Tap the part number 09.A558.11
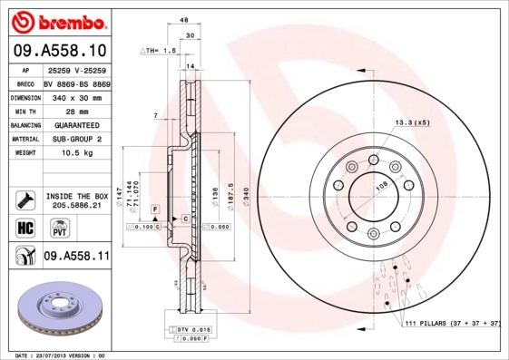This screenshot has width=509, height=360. (76, 257)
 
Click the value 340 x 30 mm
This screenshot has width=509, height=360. (76, 95)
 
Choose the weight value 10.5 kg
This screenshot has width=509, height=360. (76, 153)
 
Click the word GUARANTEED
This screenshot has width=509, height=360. (76, 124)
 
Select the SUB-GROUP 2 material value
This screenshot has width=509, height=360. (76, 139)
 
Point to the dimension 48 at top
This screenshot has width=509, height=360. (183, 21)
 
